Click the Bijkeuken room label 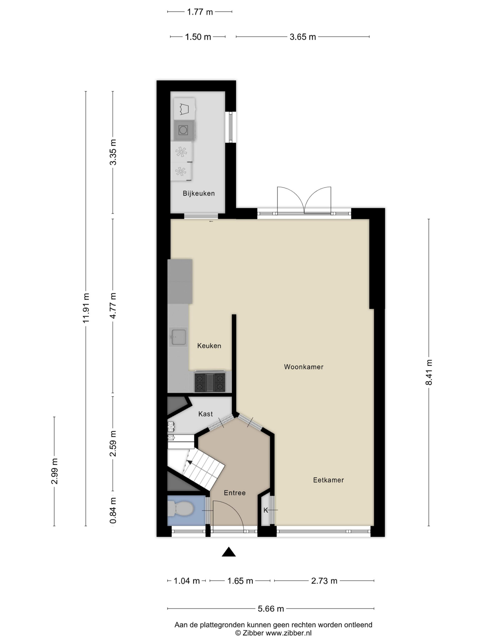(198, 193)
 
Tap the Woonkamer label (304, 367)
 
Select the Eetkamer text (328, 480)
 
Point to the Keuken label (209, 346)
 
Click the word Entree (235, 493)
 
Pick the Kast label (206, 414)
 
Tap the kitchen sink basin (178, 337)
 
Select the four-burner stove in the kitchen (210, 382)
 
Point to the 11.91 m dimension (86, 308)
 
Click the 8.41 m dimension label (429, 372)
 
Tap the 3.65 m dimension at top (303, 37)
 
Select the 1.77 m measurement (200, 12)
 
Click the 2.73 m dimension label (324, 581)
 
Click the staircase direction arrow (189, 462)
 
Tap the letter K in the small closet (265, 510)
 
